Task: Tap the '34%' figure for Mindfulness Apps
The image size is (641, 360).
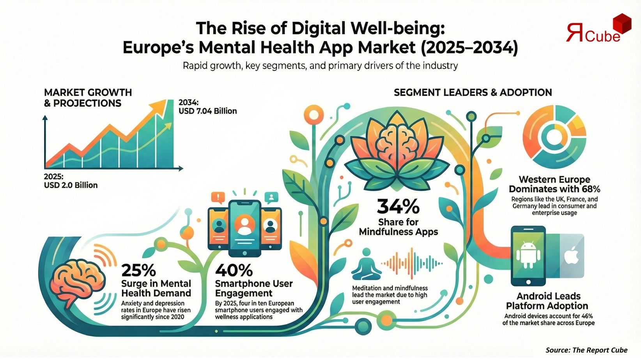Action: tap(398, 206)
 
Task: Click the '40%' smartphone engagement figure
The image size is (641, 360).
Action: tap(234, 270)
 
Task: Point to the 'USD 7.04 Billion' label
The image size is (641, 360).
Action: tap(207, 111)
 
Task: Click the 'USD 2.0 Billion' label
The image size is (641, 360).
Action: tap(71, 185)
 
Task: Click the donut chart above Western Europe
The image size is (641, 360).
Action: tap(554, 136)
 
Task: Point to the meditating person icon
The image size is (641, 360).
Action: tap(367, 265)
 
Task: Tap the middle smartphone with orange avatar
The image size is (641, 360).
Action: tap(244, 228)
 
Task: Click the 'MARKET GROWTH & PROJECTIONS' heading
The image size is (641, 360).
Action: tap(88, 98)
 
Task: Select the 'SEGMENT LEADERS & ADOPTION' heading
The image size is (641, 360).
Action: tap(473, 92)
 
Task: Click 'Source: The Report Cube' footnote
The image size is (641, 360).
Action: tap(586, 350)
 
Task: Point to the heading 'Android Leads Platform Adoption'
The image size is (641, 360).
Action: tap(548, 301)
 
